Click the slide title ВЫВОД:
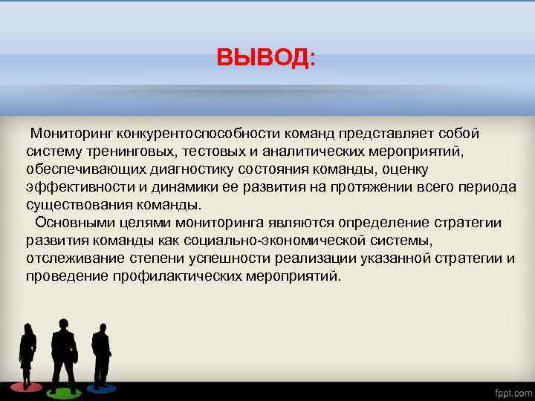265,58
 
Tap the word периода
490,187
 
